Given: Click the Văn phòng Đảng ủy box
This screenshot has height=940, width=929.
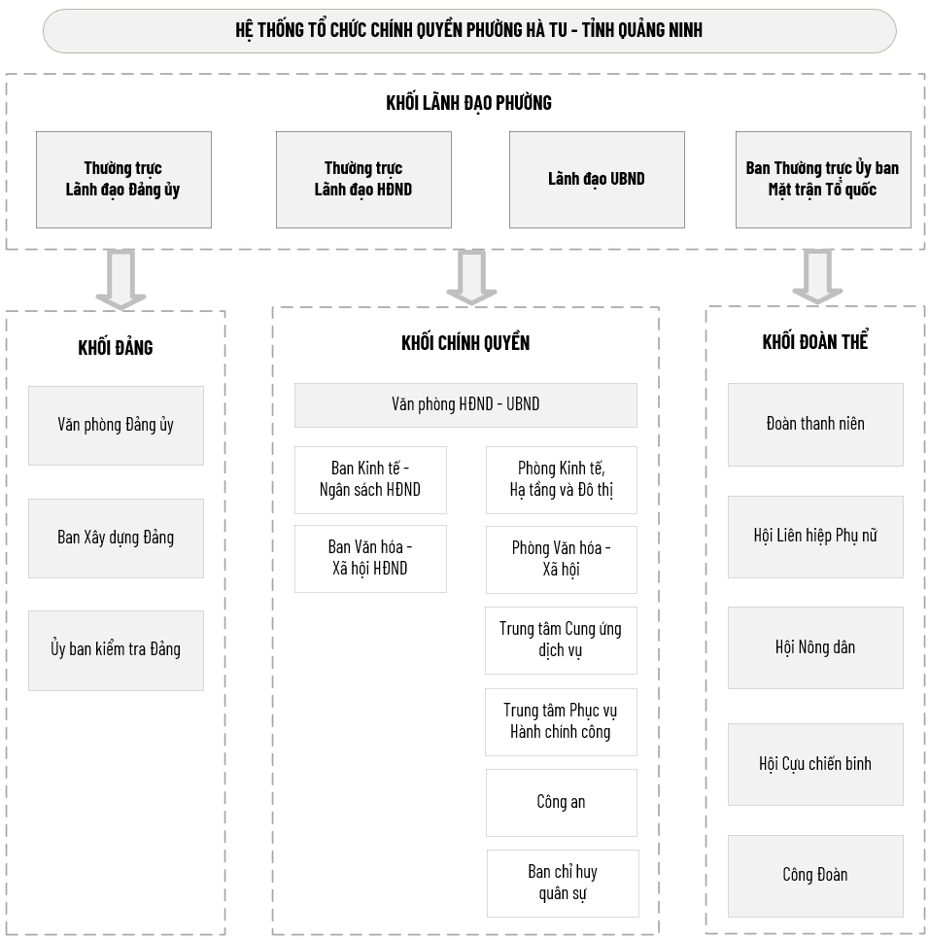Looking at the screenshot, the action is click(x=116, y=426).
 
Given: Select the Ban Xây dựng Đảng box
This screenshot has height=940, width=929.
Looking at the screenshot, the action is click(x=116, y=539).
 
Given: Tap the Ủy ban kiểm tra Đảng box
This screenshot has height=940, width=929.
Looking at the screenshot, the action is click(x=116, y=650).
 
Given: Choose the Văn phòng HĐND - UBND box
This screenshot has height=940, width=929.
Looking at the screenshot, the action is click(x=465, y=405).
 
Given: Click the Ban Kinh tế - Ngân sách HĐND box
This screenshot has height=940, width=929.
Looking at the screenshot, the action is click(x=370, y=479).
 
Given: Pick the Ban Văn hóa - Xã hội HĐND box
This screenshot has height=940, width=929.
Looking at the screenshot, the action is click(x=370, y=559).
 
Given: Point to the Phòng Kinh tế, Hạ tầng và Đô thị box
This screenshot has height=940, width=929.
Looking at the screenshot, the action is click(x=562, y=479).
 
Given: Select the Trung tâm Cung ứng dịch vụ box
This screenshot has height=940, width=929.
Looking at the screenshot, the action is click(x=561, y=641).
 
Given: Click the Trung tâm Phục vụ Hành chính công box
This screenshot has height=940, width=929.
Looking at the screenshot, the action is click(x=561, y=722).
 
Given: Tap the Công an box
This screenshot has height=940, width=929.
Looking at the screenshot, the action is click(x=562, y=803).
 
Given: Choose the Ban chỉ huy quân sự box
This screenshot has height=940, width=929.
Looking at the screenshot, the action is click(x=563, y=883).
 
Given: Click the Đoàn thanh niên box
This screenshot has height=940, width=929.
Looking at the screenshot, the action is click(x=815, y=425).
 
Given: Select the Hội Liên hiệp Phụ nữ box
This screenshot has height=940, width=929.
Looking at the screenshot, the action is click(x=815, y=537).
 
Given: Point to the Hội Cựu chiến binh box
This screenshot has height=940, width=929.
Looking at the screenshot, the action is click(x=815, y=764).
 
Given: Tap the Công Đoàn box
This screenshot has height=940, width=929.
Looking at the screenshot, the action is click(x=815, y=876).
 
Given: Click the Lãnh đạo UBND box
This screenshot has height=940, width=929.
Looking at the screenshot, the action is click(x=597, y=179).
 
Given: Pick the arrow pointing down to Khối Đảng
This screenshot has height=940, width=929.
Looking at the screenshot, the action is click(x=121, y=279).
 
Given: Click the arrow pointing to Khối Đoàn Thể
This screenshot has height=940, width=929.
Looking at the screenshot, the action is click(x=817, y=276).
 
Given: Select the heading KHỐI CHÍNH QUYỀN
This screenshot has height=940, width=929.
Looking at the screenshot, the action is click(x=465, y=343).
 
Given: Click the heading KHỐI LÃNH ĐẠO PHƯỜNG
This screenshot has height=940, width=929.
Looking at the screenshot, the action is click(x=468, y=103).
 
